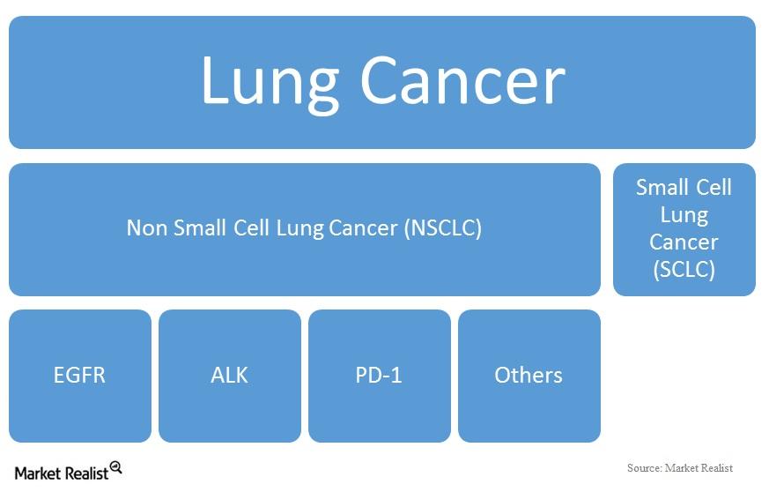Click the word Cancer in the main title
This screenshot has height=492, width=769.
[x=462, y=81]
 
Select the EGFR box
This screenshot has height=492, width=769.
[x=80, y=376]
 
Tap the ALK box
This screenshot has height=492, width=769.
[x=230, y=376]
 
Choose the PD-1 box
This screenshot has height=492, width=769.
[x=380, y=376]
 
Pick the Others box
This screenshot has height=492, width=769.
[x=529, y=376]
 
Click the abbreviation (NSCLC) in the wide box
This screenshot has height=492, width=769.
[x=443, y=228]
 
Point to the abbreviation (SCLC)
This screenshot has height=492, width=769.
[x=684, y=270]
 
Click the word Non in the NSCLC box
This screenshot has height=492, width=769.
[x=146, y=228]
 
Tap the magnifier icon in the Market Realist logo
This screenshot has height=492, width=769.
[x=115, y=467]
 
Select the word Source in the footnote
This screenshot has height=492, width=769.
[x=643, y=467]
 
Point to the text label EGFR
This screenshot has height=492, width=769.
[x=80, y=376]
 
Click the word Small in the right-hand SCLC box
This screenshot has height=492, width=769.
[x=662, y=187]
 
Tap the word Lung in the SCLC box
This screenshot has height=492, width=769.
[x=684, y=214]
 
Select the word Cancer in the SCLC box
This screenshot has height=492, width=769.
[x=684, y=242]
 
